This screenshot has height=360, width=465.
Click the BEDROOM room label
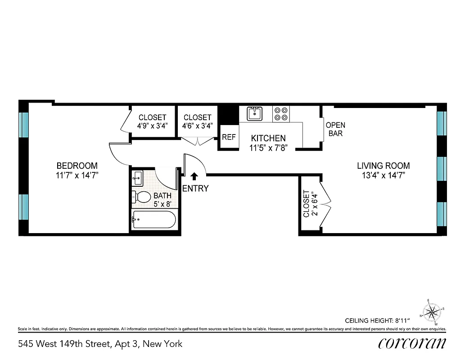pyautogui.click(x=77, y=165)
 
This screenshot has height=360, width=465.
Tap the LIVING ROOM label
pyautogui.click(x=383, y=166)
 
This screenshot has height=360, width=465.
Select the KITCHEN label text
pyautogui.click(x=268, y=138)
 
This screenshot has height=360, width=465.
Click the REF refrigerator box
pyautogui.click(x=229, y=137)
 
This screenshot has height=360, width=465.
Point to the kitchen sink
pyautogui.click(x=255, y=113)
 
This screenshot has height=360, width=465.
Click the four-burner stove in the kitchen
pyautogui.click(x=281, y=113)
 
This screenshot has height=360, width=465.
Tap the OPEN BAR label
pyautogui.click(x=335, y=129)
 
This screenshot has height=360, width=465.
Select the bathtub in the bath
pyautogui.click(x=153, y=220)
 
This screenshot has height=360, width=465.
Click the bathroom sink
pyautogui.click(x=137, y=178)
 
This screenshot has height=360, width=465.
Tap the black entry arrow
pyautogui.click(x=194, y=176)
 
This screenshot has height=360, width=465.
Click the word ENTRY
pyautogui.click(x=195, y=189)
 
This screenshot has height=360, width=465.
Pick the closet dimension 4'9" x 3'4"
pyautogui.click(x=152, y=126)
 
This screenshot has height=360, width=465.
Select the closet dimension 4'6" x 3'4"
pyautogui.click(x=197, y=126)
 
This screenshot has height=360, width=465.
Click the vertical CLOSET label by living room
pyautogui.click(x=307, y=203)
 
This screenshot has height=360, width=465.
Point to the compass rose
pyautogui.click(x=432, y=311)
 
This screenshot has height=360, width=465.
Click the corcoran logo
pyautogui.click(x=412, y=343)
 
